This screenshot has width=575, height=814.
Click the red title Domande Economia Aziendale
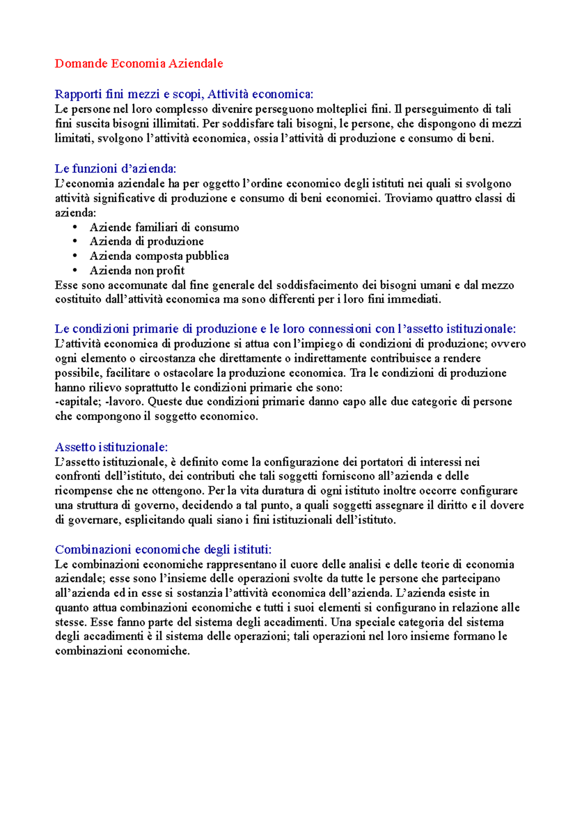pos(139,63)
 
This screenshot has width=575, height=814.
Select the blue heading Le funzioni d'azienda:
pos(115,168)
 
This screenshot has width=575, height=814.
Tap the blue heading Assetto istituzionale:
pos(111,447)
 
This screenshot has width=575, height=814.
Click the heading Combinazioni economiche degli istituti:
pos(163,549)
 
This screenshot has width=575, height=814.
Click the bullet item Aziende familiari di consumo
pos(164,227)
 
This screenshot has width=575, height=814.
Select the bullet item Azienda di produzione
pos(146,241)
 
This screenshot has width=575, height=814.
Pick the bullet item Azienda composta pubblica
pos(159,256)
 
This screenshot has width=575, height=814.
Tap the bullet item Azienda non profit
pos(137,270)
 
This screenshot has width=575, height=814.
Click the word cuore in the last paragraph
pos(304,564)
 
